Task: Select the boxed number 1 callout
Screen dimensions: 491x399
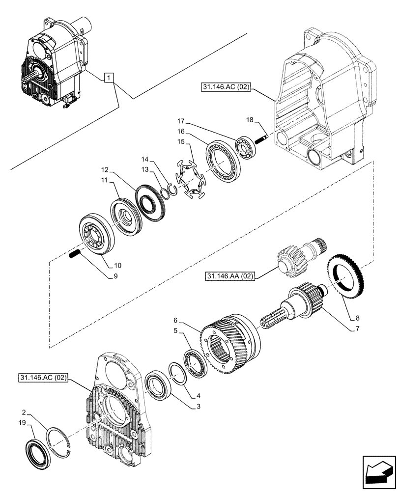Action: coord(109,78)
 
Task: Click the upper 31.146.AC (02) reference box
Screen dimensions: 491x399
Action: coord(226,88)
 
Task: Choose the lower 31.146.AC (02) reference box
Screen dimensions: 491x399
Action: coord(44,378)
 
